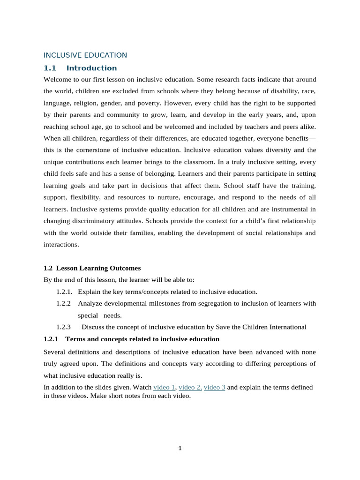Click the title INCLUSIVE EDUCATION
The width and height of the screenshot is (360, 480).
coord(85,55)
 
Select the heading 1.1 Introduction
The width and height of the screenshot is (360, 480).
coord(80,68)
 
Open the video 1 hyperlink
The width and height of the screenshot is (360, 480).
coord(164,387)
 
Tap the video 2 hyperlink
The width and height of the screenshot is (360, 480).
coord(190,387)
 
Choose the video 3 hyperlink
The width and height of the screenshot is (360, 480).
coord(215,387)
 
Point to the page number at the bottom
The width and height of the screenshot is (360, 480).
coord(180,448)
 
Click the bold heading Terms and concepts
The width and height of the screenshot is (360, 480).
coord(142,339)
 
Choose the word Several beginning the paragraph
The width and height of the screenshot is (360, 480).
coord(55,352)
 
